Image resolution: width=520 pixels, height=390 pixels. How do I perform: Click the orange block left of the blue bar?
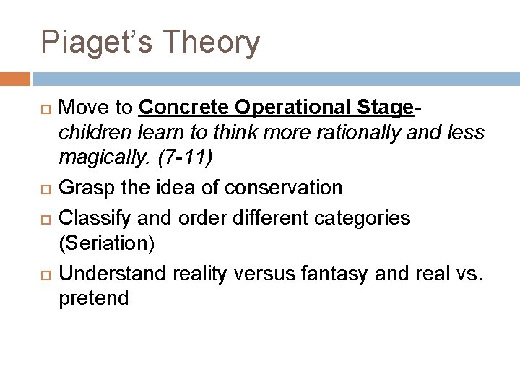point(15,78)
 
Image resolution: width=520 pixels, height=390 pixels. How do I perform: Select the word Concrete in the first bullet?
point(184,108)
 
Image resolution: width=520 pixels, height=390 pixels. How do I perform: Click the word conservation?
point(284,188)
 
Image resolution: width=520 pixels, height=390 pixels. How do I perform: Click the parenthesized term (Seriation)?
point(106,243)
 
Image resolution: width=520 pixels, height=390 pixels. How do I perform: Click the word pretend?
point(93,298)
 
